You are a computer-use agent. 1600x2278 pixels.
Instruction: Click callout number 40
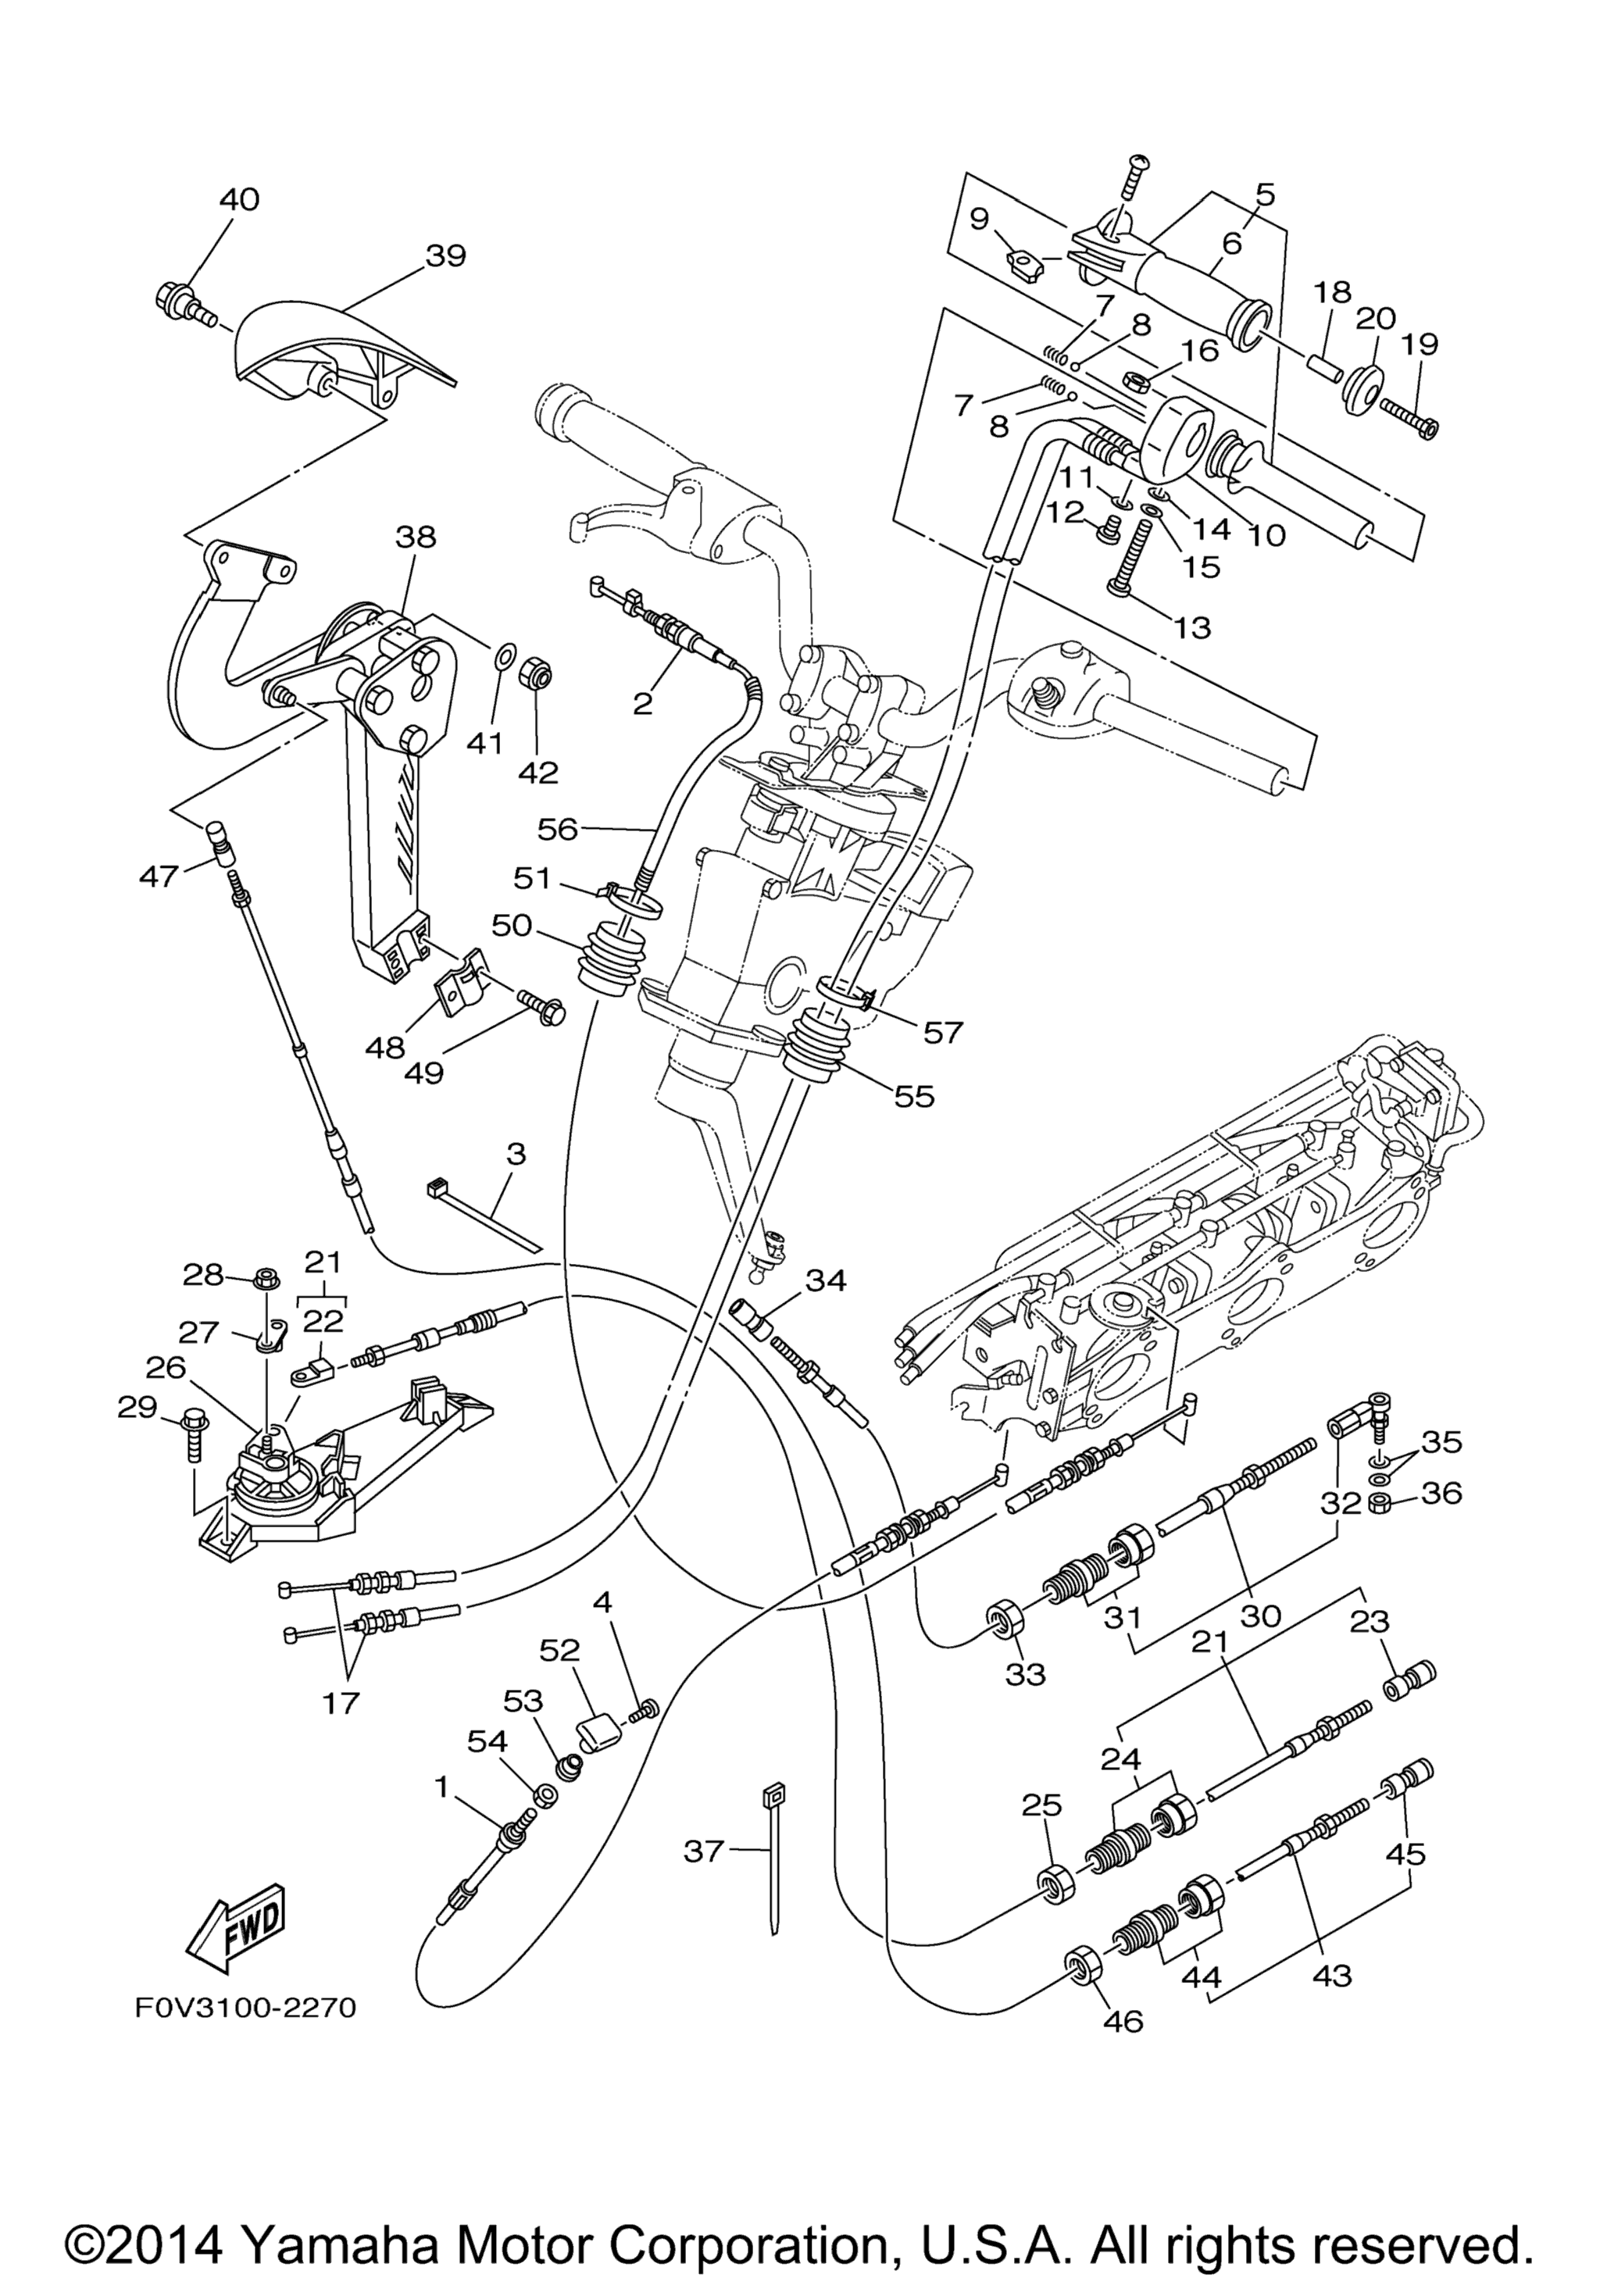[239, 198]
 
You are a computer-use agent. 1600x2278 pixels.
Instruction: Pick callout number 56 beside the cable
[558, 828]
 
